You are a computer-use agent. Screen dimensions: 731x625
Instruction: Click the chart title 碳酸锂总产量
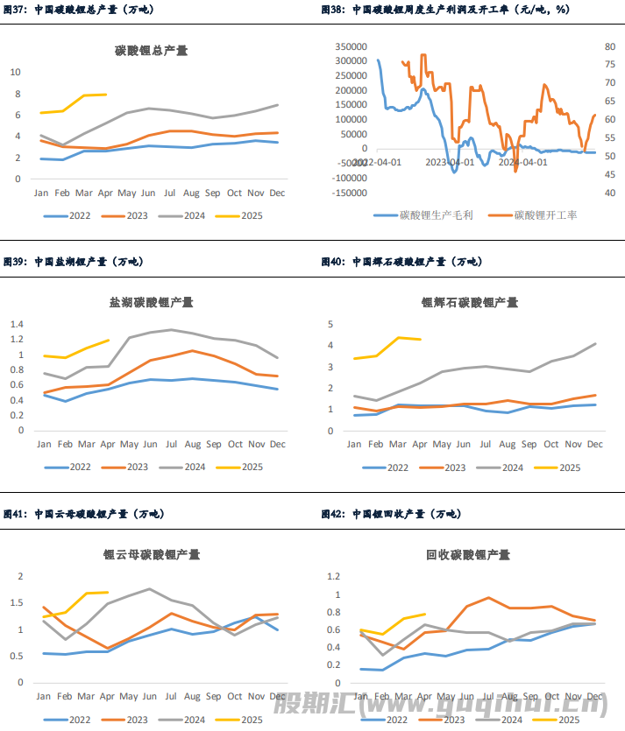(x=152, y=51)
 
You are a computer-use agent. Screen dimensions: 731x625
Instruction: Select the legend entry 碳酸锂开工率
(x=545, y=214)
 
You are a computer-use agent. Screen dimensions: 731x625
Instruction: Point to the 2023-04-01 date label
(x=450, y=162)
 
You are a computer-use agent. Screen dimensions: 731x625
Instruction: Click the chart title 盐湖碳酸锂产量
(x=152, y=302)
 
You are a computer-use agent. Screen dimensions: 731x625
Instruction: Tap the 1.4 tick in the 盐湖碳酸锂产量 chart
(x=16, y=324)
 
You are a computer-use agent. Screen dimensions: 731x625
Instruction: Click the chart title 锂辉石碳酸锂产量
(x=469, y=302)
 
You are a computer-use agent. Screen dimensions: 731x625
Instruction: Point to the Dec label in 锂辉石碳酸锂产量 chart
(x=595, y=445)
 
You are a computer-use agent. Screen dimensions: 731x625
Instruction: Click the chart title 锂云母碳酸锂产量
(x=152, y=554)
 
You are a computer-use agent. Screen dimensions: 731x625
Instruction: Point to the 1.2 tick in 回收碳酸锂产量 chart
(x=332, y=576)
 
